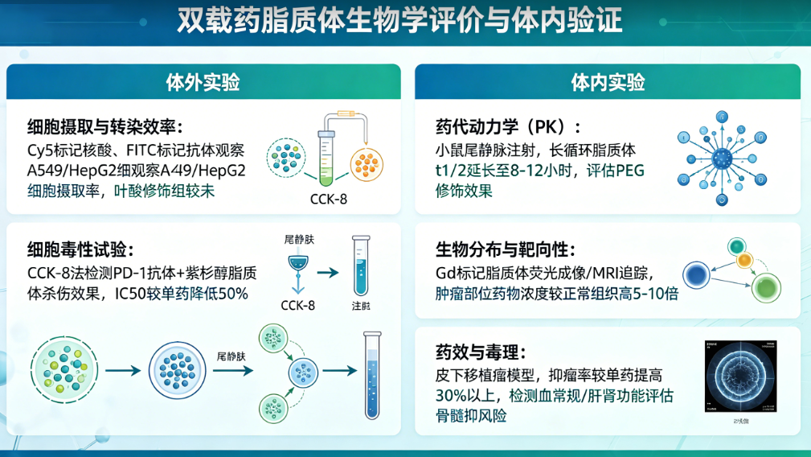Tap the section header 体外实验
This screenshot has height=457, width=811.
point(203,82)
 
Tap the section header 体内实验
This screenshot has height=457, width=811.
point(608,82)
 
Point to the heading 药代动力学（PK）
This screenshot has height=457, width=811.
point(507,128)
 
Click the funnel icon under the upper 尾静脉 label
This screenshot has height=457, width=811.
point(299,265)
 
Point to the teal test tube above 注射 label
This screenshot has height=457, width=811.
point(359,267)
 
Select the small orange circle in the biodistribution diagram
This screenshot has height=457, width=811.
point(743,261)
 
